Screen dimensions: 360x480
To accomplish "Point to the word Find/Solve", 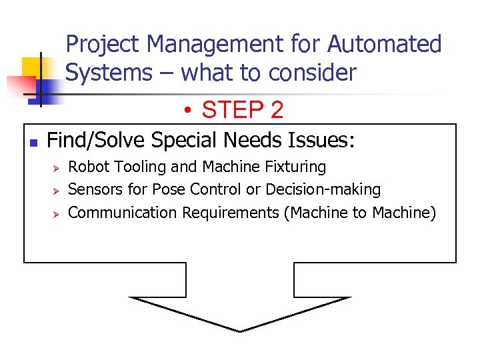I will point(96,141).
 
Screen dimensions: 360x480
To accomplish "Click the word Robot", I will point(89,167).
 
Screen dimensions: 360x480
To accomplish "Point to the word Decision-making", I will point(323,190).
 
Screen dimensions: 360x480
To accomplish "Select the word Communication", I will point(123,213).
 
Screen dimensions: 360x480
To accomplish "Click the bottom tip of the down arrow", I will point(240,331).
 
